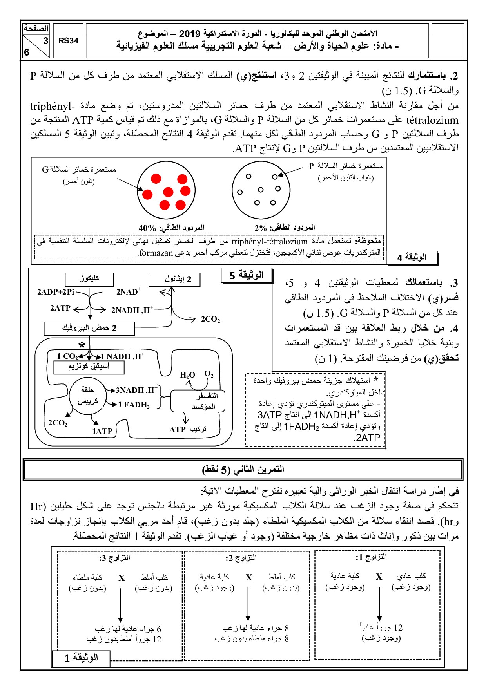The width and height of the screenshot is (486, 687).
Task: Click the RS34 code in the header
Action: (x=69, y=41)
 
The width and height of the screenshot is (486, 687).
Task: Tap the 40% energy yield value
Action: (x=147, y=228)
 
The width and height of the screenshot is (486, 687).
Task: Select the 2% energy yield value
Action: (x=261, y=228)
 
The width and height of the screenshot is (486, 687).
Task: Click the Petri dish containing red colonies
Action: (x=166, y=190)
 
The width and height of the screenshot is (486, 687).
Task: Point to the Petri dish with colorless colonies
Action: (x=261, y=190)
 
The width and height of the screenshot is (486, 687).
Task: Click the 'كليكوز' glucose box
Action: (x=89, y=279)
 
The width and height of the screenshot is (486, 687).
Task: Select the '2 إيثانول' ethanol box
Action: (x=174, y=279)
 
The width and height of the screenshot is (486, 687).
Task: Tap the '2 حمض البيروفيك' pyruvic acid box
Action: (x=89, y=328)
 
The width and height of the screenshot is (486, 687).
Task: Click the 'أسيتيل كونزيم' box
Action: (x=89, y=367)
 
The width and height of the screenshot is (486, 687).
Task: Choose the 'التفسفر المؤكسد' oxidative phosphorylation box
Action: (x=198, y=401)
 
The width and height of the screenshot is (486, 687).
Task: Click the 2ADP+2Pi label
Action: (x=56, y=292)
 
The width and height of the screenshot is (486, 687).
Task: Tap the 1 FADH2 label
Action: (x=134, y=405)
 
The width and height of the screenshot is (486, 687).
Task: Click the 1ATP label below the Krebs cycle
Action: (x=102, y=431)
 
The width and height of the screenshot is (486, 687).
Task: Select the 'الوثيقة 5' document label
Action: (x=247, y=275)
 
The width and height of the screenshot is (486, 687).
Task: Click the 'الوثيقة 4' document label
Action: (x=412, y=257)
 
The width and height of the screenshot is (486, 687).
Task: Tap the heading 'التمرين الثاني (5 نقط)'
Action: (x=243, y=469)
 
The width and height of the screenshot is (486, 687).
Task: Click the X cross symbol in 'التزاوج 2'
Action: (x=249, y=578)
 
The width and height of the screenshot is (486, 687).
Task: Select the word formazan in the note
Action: (x=156, y=253)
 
